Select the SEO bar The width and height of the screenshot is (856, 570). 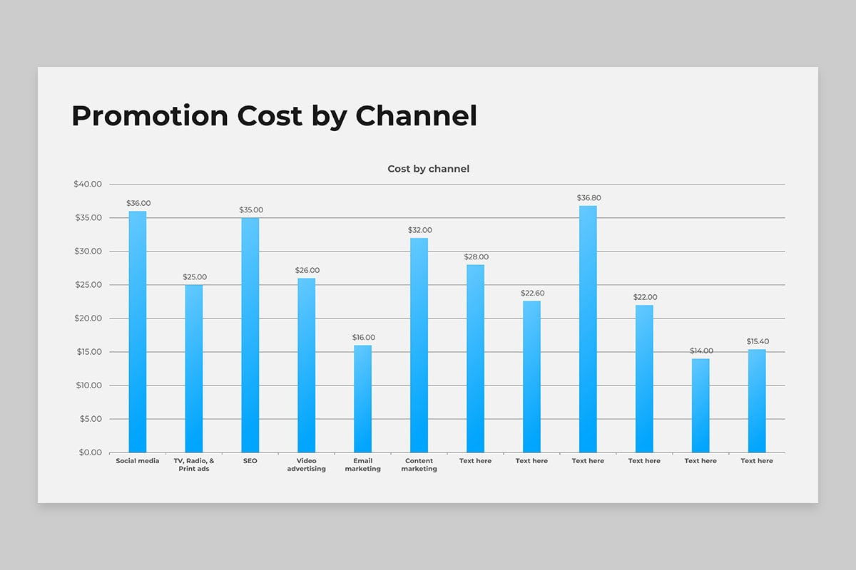(x=250, y=335)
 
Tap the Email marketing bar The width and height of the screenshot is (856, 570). (x=362, y=399)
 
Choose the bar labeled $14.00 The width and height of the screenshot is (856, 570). (x=700, y=405)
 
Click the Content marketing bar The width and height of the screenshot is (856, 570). (x=419, y=345)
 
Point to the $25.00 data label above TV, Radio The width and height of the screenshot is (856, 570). (x=194, y=277)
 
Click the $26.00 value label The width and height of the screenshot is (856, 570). (x=307, y=270)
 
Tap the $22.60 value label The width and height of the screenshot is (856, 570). (x=531, y=293)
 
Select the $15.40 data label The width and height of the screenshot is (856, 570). (x=758, y=341)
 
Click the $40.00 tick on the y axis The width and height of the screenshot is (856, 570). (x=88, y=184)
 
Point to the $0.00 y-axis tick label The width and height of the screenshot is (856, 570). (x=90, y=452)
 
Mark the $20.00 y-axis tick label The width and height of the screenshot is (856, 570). (x=88, y=318)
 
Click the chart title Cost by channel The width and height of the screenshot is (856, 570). (x=428, y=169)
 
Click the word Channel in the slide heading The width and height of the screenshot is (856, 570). (x=416, y=115)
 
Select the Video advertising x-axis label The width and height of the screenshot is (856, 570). (x=306, y=465)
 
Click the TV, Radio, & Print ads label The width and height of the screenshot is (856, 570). (x=194, y=465)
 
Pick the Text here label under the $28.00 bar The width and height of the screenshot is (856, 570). (x=475, y=461)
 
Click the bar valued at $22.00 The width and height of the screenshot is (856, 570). (x=644, y=378)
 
